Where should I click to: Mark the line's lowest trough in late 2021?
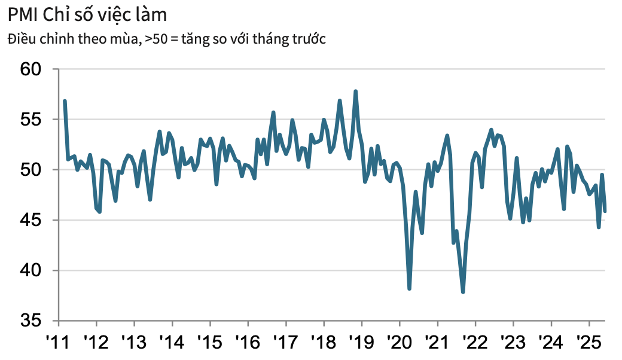click(x=463, y=292)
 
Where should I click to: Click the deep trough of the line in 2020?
click(x=409, y=289)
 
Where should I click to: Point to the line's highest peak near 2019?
click(x=356, y=91)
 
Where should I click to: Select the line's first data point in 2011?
click(x=64, y=101)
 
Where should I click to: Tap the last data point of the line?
click(x=605, y=211)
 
